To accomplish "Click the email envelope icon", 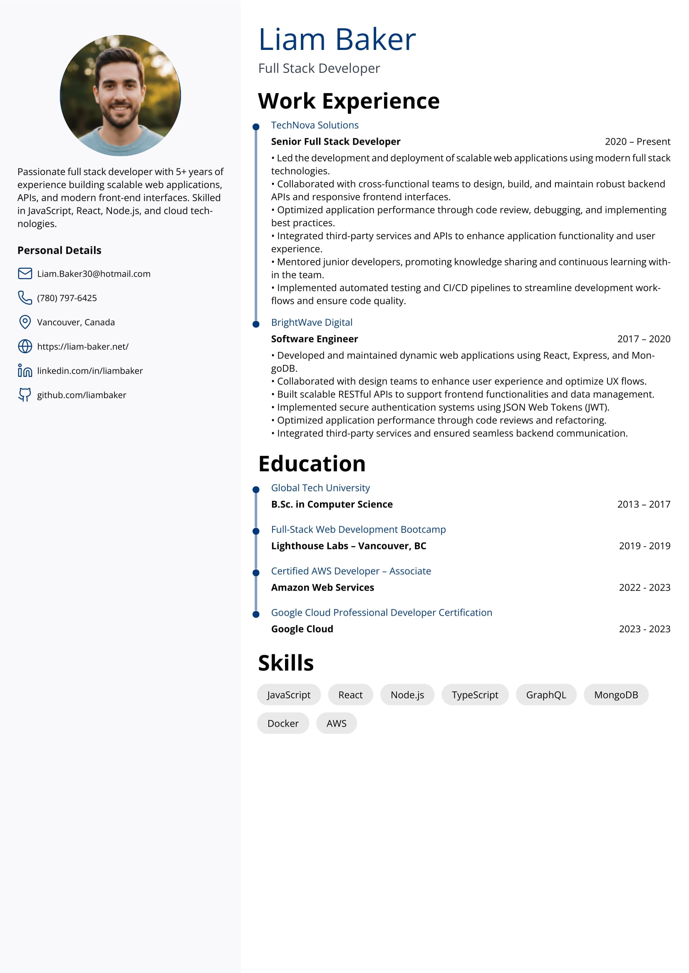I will pos(25,274).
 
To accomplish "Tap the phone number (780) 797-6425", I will pos(67,298).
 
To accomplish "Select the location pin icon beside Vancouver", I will pos(25,322).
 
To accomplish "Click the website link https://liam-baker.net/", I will pos(83,347).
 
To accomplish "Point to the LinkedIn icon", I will pos(25,371).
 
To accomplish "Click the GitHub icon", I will pos(25,395).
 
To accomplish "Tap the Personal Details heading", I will pos(59,250).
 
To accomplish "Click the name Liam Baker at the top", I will pos(337,40).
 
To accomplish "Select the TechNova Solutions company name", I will pos(315,125).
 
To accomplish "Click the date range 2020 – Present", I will pos(637,142).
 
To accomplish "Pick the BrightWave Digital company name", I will pos(311,322).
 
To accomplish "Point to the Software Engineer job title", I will pos(315,339).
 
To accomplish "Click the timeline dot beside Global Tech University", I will pos(256,490).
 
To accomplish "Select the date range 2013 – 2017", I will pos(643,504).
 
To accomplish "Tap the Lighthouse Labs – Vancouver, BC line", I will pos(348,546).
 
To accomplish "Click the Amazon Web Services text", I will pos(322,587).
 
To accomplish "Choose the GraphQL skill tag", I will pos(545,695).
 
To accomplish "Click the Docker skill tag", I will pos(283,723).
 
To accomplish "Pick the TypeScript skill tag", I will pos(475,695).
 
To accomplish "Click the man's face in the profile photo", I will pos(120,91).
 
